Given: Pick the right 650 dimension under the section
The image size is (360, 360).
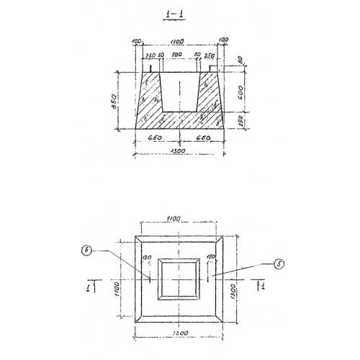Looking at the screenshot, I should (x=204, y=134).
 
